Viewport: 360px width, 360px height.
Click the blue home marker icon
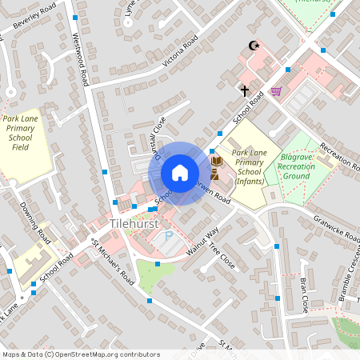[180, 173]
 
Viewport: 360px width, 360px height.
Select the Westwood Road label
[81, 60]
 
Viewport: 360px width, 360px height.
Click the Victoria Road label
[179, 51]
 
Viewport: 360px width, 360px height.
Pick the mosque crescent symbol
[255, 46]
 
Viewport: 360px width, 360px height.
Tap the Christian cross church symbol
[245, 90]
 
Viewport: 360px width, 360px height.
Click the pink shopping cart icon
[276, 91]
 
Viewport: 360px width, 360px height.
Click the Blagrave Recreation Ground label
[296, 167]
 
